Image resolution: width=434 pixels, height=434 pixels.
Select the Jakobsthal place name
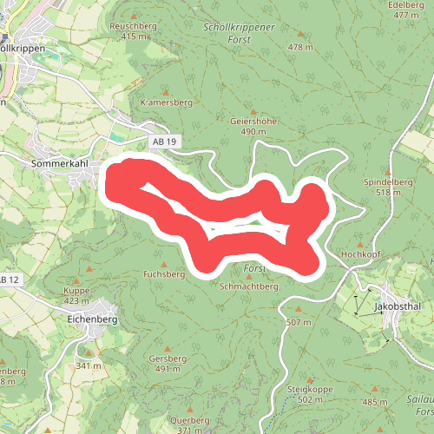[398, 307]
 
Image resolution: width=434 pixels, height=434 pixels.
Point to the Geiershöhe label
[253, 122]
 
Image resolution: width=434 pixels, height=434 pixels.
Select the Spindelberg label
[387, 182]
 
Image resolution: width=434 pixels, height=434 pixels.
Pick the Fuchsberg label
[164, 273]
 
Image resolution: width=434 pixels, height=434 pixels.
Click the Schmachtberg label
[248, 286]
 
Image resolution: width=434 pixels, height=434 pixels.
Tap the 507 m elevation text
[298, 322]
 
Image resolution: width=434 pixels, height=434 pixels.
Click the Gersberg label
[168, 358]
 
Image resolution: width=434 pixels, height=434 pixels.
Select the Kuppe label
[77, 291]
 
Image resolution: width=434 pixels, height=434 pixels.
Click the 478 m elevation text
[300, 47]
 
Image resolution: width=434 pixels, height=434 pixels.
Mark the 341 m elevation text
[88, 366]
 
